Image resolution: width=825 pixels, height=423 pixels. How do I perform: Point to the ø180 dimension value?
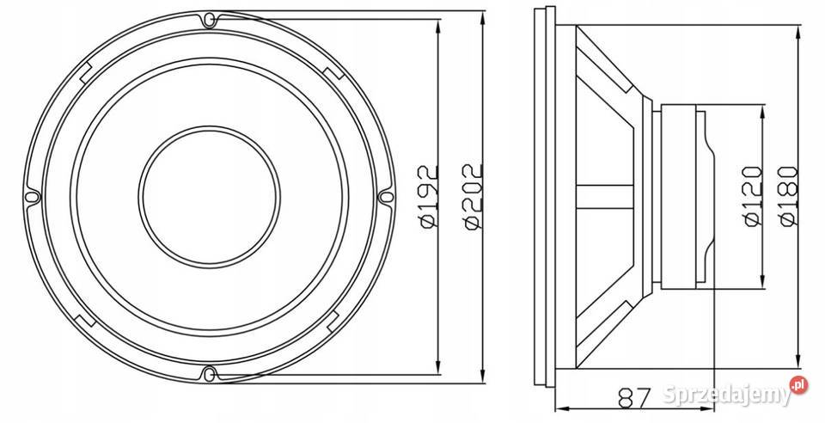790,196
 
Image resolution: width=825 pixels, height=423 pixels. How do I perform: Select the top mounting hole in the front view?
209,18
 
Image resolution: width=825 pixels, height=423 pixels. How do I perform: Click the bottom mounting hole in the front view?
209,373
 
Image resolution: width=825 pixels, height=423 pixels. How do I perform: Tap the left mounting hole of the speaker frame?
32,196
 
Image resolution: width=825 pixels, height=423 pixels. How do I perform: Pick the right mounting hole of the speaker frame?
386,196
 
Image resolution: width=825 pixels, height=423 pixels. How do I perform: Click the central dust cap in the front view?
209,196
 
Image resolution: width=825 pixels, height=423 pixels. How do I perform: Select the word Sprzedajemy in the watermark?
726,395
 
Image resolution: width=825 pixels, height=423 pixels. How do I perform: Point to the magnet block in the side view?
683,196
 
